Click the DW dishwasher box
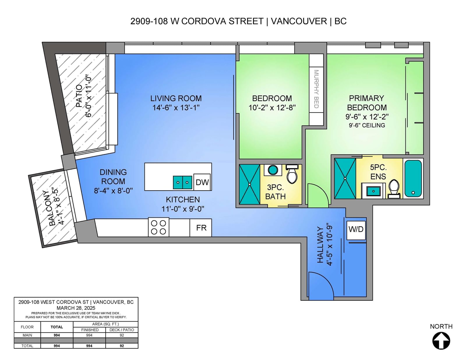tap(202, 182)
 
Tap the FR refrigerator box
tap(201, 228)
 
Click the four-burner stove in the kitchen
tap(158, 227)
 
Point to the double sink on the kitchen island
tap(183, 182)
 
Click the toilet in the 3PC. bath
tap(292, 174)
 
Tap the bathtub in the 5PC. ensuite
tap(413, 179)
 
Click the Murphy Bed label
tap(316, 89)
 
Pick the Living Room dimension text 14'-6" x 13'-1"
tap(176, 108)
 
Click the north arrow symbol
tap(441, 341)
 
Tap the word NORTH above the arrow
tap(441, 326)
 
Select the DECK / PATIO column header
tap(121, 330)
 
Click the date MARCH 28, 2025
tap(76, 308)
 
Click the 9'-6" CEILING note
tap(367, 125)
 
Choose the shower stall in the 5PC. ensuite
tap(345, 178)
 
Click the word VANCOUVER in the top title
tap(299, 21)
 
